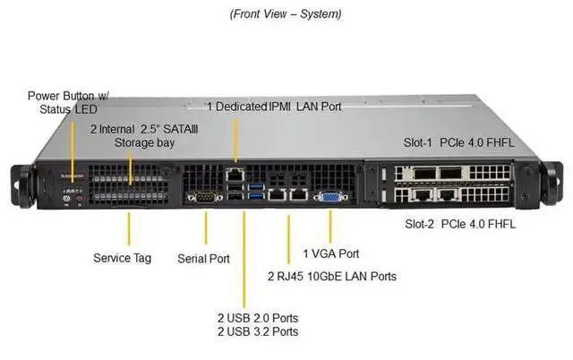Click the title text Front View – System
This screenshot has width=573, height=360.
tap(286, 14)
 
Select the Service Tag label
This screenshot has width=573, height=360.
tap(122, 258)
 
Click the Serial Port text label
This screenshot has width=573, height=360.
tap(203, 258)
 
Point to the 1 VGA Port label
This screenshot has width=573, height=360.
tap(330, 253)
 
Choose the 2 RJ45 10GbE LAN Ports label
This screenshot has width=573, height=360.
tap(332, 276)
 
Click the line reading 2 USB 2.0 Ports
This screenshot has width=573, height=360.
tap(258, 318)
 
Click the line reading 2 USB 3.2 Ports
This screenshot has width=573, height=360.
tap(258, 331)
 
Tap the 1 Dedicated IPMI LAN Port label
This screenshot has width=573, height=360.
tap(274, 107)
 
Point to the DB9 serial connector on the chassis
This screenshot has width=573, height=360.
tap(202, 197)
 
